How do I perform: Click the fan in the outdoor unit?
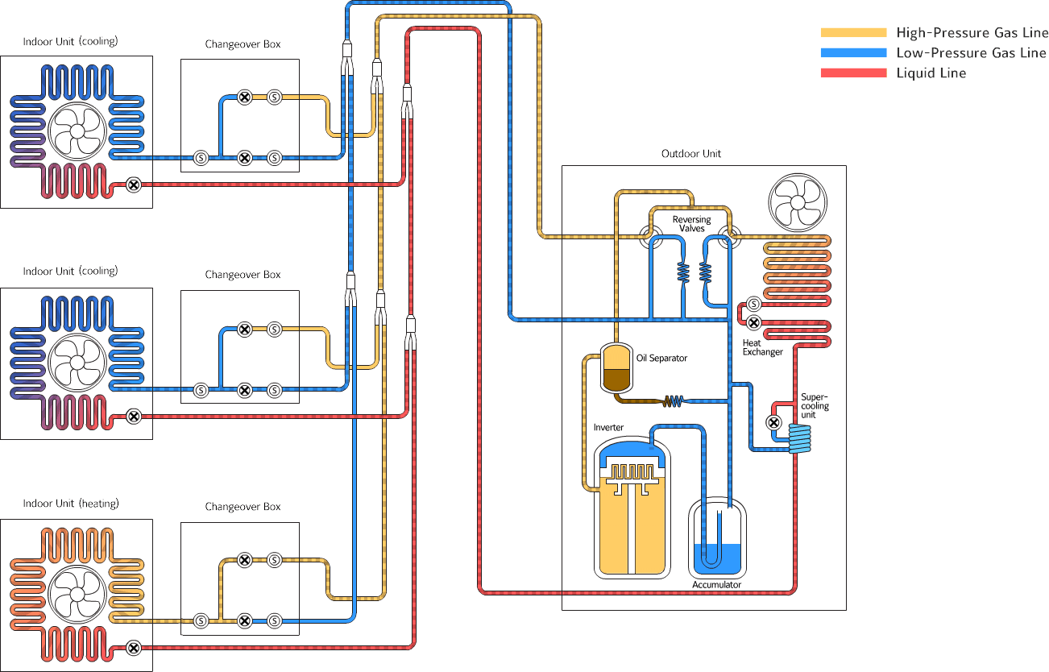(798, 203)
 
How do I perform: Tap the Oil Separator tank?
(616, 367)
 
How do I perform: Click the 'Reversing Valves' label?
(692, 224)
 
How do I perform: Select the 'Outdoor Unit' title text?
(691, 153)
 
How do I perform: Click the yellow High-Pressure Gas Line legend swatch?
(853, 33)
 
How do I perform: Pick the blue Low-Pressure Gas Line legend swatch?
(853, 53)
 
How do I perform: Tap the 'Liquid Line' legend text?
(931, 73)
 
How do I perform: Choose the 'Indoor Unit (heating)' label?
(71, 504)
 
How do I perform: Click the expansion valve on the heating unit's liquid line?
(135, 648)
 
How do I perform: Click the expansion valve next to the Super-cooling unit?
(773, 422)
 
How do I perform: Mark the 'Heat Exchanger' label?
(762, 347)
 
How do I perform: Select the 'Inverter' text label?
(608, 427)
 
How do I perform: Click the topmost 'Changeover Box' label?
(243, 44)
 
